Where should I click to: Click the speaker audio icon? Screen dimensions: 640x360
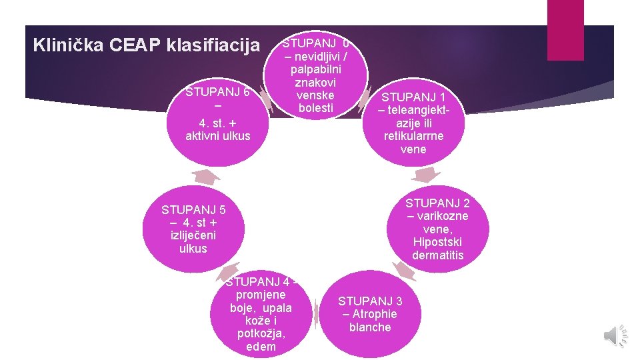click(614, 335)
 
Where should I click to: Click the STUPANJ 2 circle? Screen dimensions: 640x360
click(437, 229)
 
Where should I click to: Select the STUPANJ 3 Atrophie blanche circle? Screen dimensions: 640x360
click(370, 314)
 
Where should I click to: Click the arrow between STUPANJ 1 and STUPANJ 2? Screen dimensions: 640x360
click(425, 175)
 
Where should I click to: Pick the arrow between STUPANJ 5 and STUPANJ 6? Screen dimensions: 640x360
click(206, 176)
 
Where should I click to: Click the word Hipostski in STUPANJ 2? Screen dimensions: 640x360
click(437, 242)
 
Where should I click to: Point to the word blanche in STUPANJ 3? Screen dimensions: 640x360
click(370, 327)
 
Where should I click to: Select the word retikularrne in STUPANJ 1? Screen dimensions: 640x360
click(413, 136)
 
